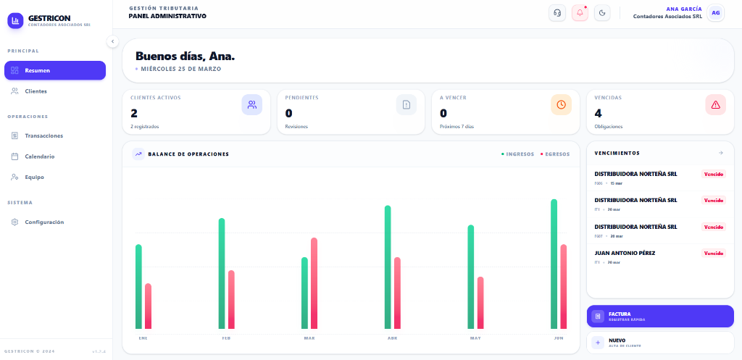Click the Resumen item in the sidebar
(54, 70)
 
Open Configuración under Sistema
(54, 222)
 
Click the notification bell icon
(580, 13)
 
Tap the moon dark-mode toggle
(602, 13)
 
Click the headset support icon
(557, 13)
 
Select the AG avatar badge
(716, 13)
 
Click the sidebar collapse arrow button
(112, 41)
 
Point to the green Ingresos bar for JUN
(554, 264)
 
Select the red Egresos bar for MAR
(314, 283)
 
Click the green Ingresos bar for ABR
(388, 267)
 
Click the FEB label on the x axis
(226, 338)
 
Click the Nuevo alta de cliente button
(660, 342)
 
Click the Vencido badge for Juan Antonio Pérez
(714, 254)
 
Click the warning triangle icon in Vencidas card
(716, 105)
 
